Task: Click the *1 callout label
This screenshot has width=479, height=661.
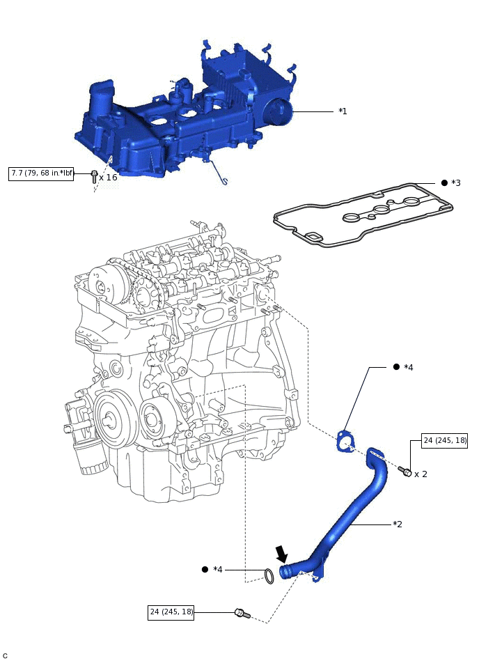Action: click(343, 111)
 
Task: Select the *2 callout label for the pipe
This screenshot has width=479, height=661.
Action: click(398, 524)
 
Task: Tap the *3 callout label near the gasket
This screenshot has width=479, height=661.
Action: click(456, 183)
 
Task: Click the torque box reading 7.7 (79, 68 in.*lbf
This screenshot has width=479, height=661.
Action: click(41, 173)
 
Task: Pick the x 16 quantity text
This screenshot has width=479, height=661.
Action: click(108, 178)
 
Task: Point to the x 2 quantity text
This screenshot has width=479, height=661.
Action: click(421, 474)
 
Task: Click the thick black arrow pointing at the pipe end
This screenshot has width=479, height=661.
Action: click(282, 554)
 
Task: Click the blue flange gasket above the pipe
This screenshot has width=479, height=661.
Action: click(343, 442)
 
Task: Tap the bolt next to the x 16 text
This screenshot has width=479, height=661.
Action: click(94, 176)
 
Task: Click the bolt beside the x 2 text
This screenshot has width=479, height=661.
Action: click(405, 472)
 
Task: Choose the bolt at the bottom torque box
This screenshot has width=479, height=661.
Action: click(240, 613)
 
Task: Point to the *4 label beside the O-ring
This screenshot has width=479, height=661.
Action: click(218, 570)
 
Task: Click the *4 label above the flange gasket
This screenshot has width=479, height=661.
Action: click(409, 367)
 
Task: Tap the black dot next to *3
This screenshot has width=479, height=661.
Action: click(444, 182)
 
